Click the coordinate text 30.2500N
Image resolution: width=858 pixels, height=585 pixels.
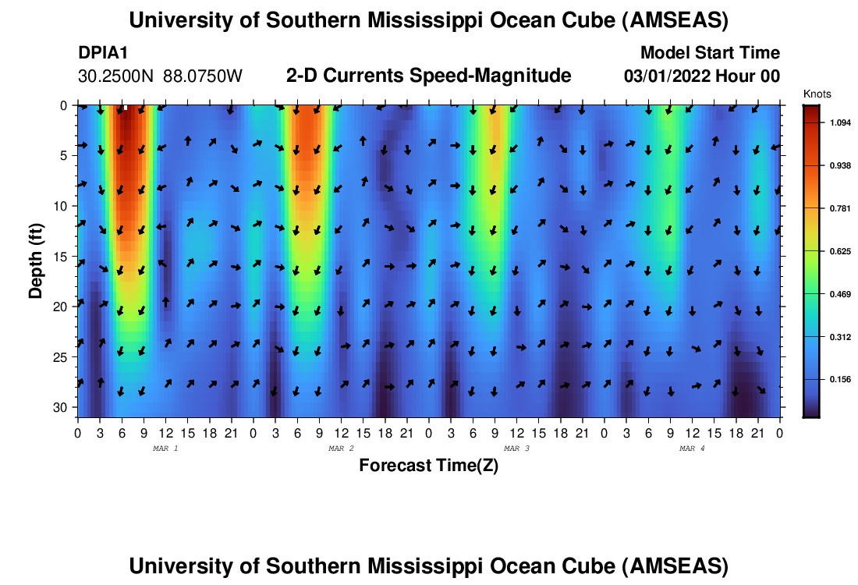(x=117, y=76)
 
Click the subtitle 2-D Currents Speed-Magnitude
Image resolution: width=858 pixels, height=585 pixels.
(x=429, y=76)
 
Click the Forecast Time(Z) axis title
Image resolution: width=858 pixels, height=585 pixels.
(x=428, y=466)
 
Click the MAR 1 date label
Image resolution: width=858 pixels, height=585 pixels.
(x=165, y=448)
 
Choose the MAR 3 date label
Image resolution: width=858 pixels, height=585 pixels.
(x=516, y=448)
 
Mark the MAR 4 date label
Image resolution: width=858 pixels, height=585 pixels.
(x=692, y=448)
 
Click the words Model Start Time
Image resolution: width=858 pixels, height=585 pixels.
(x=709, y=53)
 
